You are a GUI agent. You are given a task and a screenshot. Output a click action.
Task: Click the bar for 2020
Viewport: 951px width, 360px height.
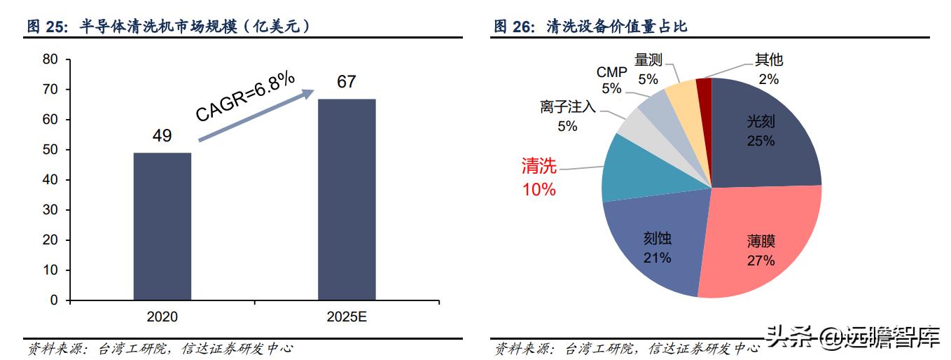click(x=162, y=226)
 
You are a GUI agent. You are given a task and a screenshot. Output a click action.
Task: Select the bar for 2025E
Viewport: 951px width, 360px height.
click(x=347, y=200)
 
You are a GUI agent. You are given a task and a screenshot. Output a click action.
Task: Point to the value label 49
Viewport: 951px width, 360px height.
click(x=162, y=136)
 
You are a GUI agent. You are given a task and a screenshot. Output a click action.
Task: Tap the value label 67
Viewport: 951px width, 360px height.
click(x=347, y=82)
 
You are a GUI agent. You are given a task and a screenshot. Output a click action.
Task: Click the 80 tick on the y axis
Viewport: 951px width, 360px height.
click(x=50, y=60)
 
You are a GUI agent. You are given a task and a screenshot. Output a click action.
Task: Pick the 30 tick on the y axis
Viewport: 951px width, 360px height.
click(x=50, y=210)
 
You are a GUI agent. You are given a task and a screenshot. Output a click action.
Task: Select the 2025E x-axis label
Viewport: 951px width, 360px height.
click(x=347, y=317)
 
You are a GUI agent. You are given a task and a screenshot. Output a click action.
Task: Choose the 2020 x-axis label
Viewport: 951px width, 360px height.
click(x=162, y=317)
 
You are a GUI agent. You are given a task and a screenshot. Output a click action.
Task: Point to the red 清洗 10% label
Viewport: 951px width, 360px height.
click(x=539, y=177)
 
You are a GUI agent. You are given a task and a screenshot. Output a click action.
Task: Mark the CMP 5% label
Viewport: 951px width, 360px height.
click(x=611, y=80)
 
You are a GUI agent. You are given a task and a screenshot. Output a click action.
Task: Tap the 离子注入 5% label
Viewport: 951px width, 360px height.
click(x=567, y=116)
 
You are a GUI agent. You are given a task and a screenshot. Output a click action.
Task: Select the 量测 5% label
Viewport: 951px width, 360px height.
click(x=648, y=69)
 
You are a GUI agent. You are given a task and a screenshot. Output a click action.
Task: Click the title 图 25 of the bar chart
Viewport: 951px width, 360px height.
click(x=168, y=27)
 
